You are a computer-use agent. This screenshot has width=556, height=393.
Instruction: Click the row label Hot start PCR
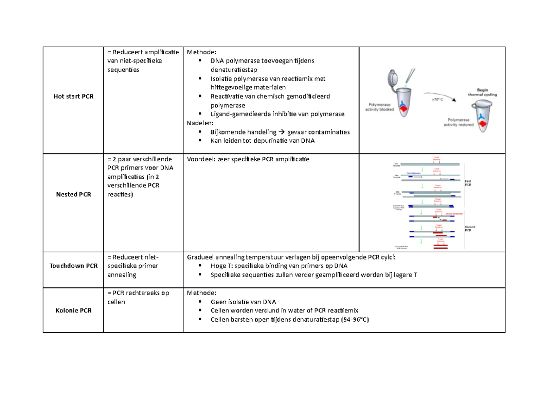pos(73,96)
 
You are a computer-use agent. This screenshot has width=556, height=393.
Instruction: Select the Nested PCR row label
pos(73,194)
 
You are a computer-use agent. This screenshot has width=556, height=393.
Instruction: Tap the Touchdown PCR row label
pos(73,266)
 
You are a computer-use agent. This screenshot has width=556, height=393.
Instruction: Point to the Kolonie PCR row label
pos(73,310)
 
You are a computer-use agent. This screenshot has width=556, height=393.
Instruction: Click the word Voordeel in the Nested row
pos(200,159)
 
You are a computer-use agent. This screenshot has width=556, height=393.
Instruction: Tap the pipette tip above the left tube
pos(408,82)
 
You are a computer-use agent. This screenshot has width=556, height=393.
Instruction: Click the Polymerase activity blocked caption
pos(381,108)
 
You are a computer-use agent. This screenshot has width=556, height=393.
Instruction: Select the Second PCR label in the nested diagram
pos(471,228)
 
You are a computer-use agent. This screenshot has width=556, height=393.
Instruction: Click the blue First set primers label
pos(414,173)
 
